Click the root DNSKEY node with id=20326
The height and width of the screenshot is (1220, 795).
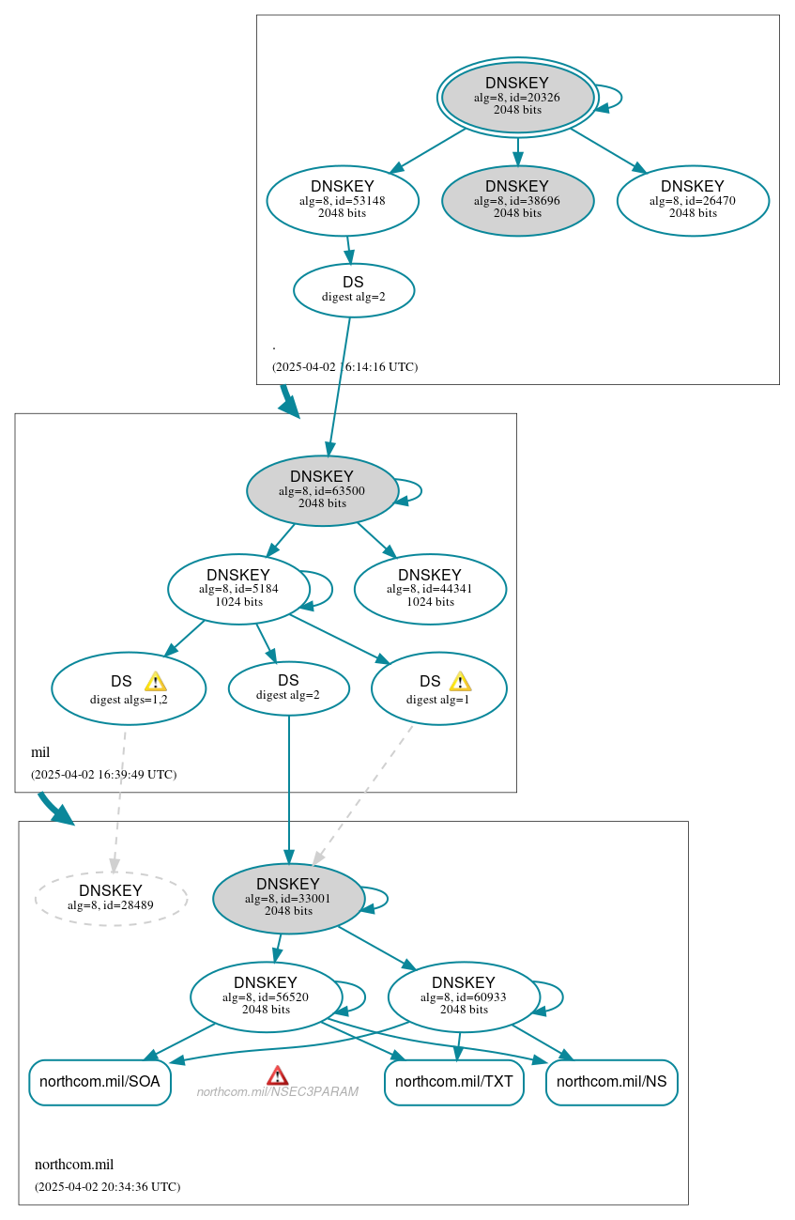[517, 97]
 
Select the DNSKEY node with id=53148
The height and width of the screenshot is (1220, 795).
[342, 200]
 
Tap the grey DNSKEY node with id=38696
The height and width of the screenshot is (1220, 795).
[517, 200]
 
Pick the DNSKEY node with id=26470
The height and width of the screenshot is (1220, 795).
[693, 200]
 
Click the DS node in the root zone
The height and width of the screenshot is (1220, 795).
[353, 289]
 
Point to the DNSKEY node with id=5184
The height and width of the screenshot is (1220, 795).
[238, 589]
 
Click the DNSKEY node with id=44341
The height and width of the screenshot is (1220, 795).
[430, 589]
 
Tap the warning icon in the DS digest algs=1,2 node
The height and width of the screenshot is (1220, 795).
[155, 682]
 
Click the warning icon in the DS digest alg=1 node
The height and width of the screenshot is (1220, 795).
[460, 682]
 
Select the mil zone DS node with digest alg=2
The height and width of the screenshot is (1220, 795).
[288, 687]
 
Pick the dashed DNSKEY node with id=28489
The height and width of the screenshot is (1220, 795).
[111, 898]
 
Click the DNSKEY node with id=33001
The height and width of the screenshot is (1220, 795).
[288, 898]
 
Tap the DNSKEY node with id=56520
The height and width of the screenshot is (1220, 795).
[266, 996]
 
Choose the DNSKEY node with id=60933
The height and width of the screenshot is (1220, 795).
[464, 996]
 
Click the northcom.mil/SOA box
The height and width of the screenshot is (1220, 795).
[99, 1082]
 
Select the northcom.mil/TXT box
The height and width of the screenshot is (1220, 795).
[453, 1082]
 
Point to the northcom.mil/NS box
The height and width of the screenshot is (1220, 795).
[611, 1082]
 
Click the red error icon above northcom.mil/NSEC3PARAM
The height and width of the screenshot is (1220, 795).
[277, 1075]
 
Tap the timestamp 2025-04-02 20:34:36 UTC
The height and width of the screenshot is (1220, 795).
[107, 1186]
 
